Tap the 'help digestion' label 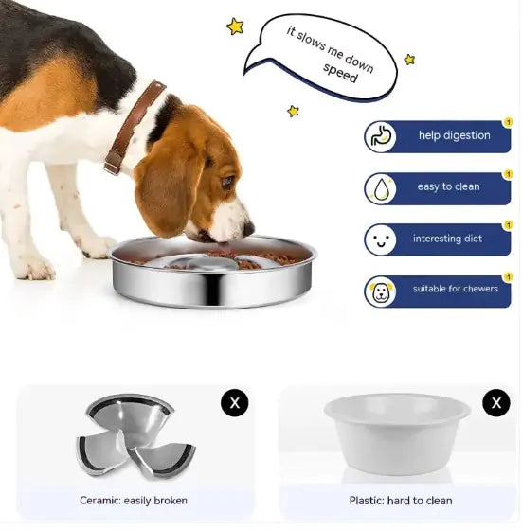[x=454, y=135]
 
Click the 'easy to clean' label [x=448, y=186]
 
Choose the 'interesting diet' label [x=448, y=238]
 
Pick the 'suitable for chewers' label [x=455, y=289]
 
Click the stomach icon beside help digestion [x=381, y=136]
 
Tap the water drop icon [x=381, y=188]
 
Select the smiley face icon [x=381, y=239]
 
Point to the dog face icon [x=381, y=291]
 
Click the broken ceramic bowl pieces [x=134, y=436]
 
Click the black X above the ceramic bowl [x=235, y=403]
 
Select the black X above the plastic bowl [x=495, y=403]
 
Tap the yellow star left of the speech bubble [x=235, y=26]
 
